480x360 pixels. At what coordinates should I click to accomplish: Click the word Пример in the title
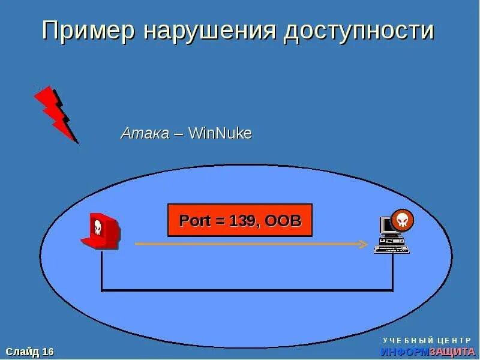click(x=89, y=31)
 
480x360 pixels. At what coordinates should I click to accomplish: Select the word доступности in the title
click(x=359, y=31)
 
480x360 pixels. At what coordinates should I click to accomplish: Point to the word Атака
click(x=145, y=133)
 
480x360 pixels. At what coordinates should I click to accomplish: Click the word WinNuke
click(x=220, y=133)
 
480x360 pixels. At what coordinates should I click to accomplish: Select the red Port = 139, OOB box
click(x=239, y=220)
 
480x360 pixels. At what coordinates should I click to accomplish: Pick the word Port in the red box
click(x=195, y=220)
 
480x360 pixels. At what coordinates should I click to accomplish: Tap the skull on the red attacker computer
click(x=97, y=227)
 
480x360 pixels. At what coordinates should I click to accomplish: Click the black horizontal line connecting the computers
click(x=246, y=291)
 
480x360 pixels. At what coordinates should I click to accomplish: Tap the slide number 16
click(x=48, y=351)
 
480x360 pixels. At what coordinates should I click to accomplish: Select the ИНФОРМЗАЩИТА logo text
click(x=424, y=352)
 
